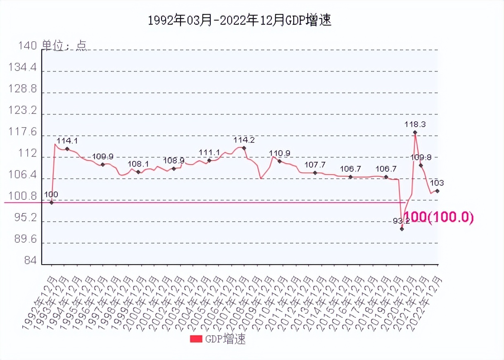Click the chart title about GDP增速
[240, 21]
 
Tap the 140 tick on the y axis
[27, 45]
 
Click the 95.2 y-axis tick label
[25, 218]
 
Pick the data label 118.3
[415, 123]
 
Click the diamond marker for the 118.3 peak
[415, 133]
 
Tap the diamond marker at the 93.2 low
[402, 229]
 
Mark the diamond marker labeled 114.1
[67, 149]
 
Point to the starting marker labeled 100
[51, 202]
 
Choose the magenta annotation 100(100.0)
[438, 217]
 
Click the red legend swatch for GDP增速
[196, 339]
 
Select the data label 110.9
[280, 153]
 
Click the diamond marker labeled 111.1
[209, 160]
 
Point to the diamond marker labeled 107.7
[315, 173]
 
